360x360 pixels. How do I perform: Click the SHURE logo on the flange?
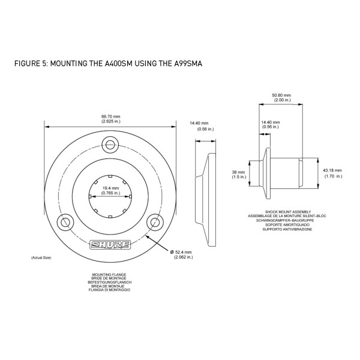pos(110,245)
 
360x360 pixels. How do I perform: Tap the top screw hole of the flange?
pos(110,145)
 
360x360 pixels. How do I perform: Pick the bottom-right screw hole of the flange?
pos(155,223)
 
